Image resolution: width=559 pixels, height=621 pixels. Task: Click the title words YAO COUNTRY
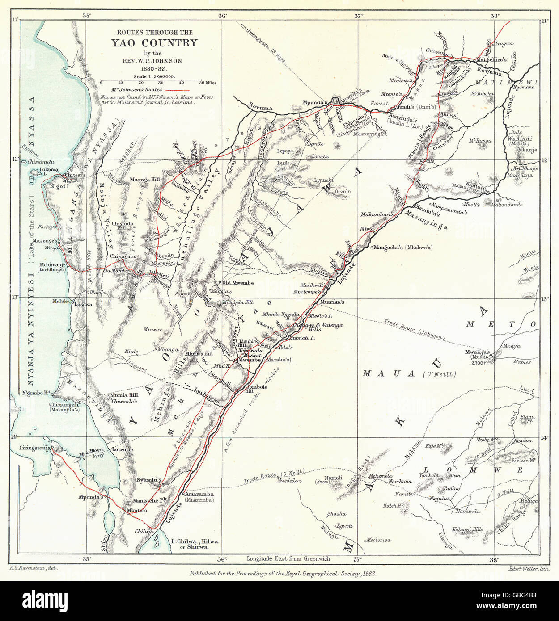click(x=155, y=43)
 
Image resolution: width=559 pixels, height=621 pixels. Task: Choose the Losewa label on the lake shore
click(x=83, y=304)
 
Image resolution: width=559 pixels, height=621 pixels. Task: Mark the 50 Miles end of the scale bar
click(x=202, y=82)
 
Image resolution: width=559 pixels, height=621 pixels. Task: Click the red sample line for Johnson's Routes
click(x=178, y=90)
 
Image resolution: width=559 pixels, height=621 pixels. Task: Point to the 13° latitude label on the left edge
click(x=16, y=298)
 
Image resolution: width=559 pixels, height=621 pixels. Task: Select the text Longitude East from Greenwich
click(x=288, y=558)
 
